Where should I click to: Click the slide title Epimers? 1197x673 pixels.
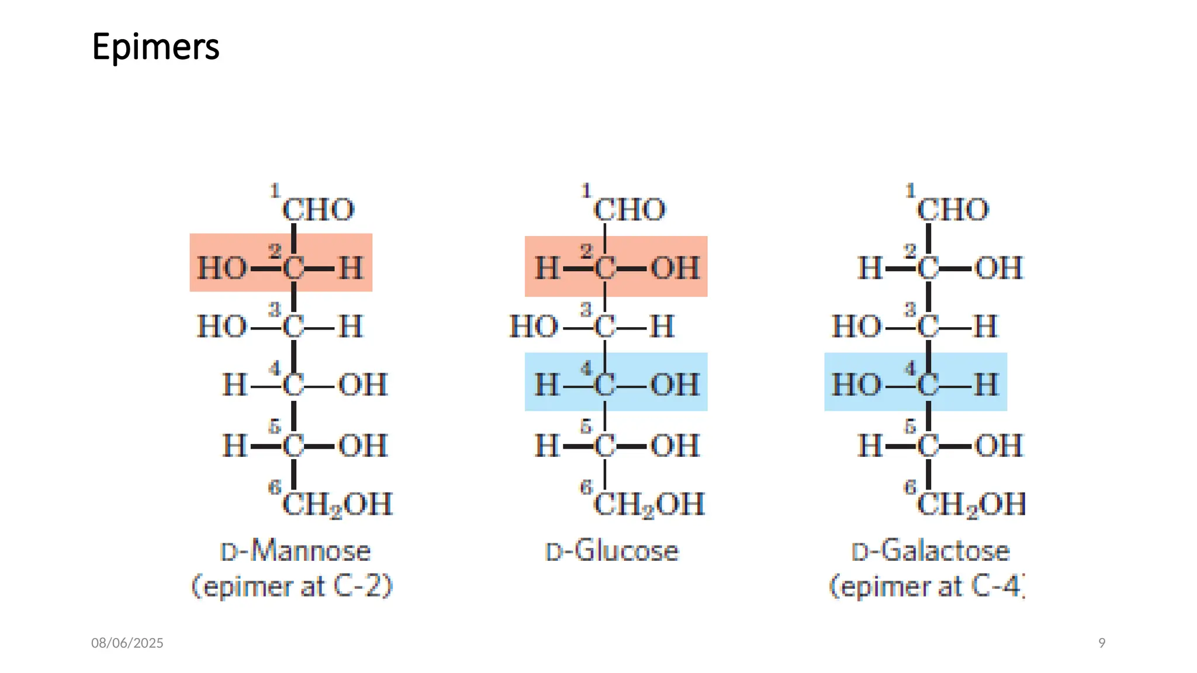pyautogui.click(x=155, y=47)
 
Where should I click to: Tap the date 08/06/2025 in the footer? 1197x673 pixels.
pyautogui.click(x=127, y=643)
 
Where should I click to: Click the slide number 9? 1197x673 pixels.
pyautogui.click(x=1102, y=643)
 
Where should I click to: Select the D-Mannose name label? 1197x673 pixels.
pyautogui.click(x=295, y=551)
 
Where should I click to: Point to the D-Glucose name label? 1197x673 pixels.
pyautogui.click(x=612, y=551)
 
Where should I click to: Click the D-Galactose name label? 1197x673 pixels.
pyautogui.click(x=930, y=551)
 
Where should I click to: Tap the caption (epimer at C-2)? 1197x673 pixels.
pyautogui.click(x=292, y=586)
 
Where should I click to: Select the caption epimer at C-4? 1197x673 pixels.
pyautogui.click(x=927, y=586)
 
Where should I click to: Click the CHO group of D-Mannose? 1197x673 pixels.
pyautogui.click(x=319, y=210)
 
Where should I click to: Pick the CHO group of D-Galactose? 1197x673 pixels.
pyautogui.click(x=953, y=210)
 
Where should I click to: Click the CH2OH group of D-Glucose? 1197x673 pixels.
pyautogui.click(x=649, y=504)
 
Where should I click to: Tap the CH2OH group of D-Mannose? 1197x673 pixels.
pyautogui.click(x=337, y=504)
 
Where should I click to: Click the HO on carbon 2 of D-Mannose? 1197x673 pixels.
pyautogui.click(x=222, y=269)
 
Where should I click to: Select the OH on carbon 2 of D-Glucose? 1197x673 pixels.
pyautogui.click(x=675, y=269)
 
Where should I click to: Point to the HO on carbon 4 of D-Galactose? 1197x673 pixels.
pyautogui.click(x=856, y=385)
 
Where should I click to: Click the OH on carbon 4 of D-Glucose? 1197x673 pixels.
pyautogui.click(x=675, y=385)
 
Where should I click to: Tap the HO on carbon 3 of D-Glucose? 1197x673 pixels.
pyautogui.click(x=534, y=327)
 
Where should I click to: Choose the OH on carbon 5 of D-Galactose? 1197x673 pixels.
pyautogui.click(x=999, y=446)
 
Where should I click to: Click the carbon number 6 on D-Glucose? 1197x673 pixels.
pyautogui.click(x=586, y=487)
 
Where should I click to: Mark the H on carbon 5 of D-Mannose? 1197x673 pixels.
pyautogui.click(x=235, y=446)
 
